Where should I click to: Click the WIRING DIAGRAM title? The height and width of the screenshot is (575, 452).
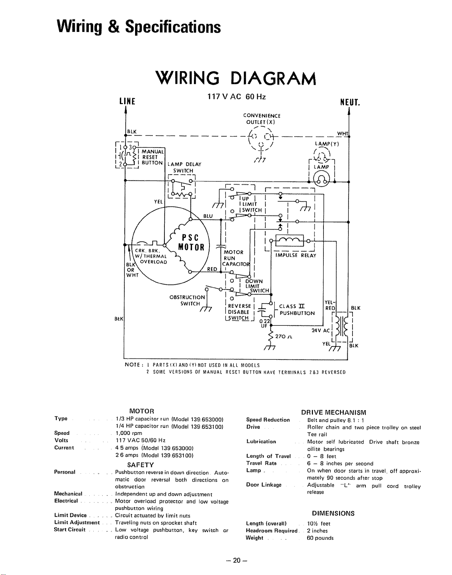236,79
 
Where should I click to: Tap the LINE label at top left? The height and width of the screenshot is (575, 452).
127,101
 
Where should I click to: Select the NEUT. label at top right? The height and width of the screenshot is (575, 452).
350,102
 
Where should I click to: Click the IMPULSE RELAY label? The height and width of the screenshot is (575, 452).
296,255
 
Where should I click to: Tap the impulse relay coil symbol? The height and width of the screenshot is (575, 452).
290,241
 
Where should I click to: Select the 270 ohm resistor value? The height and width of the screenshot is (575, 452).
284,337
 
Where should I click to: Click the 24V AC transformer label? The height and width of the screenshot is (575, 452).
321,330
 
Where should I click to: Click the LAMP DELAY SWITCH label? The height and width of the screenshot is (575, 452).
184,168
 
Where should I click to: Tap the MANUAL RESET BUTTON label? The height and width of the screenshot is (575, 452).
152,157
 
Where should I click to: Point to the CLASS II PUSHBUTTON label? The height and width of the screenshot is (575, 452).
297,309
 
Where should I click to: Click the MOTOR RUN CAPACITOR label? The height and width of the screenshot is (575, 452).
236,258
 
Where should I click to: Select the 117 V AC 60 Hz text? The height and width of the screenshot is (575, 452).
236,97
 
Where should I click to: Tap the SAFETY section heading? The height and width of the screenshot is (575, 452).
141,465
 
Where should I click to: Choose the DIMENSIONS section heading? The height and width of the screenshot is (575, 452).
333,513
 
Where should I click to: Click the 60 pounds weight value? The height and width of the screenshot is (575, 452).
320,538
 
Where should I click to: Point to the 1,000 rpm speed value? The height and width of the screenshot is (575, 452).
129,433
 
